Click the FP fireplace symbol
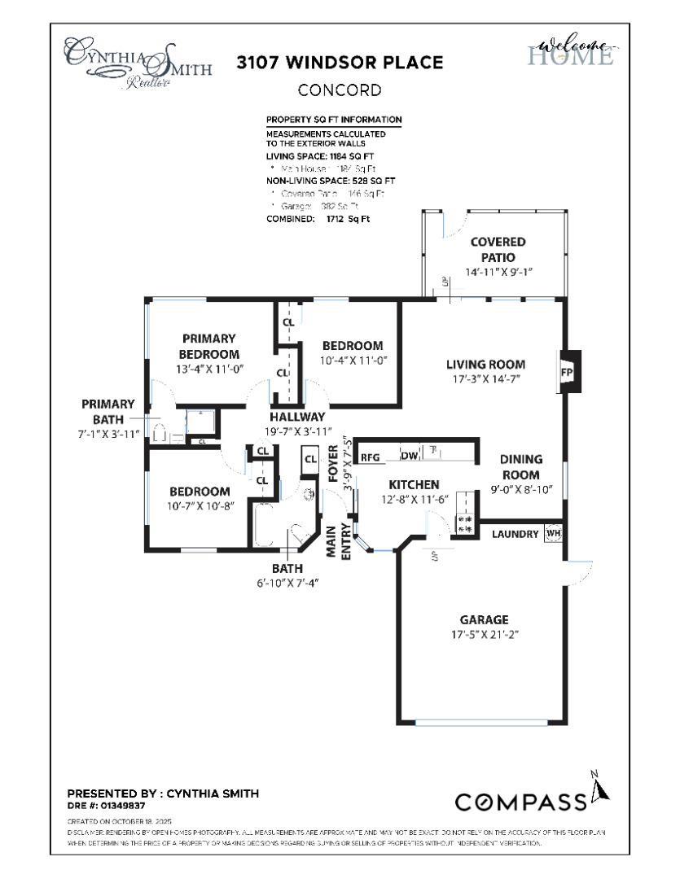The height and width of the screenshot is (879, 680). [568, 371]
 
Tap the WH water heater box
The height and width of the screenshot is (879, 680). [554, 534]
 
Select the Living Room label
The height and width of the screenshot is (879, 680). [485, 365]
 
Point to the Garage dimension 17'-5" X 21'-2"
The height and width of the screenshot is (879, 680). [483, 634]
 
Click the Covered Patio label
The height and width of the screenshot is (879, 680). [498, 249]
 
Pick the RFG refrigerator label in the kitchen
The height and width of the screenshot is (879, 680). [371, 457]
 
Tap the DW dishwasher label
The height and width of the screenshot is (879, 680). [408, 457]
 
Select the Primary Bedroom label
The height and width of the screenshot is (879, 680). [209, 346]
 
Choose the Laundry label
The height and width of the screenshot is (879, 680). [515, 534]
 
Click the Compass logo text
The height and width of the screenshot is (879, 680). [520, 802]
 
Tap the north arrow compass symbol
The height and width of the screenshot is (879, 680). [600, 788]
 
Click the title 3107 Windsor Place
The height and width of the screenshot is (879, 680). [340, 63]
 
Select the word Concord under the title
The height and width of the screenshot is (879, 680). [340, 90]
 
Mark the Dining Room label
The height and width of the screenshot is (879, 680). [520, 466]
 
